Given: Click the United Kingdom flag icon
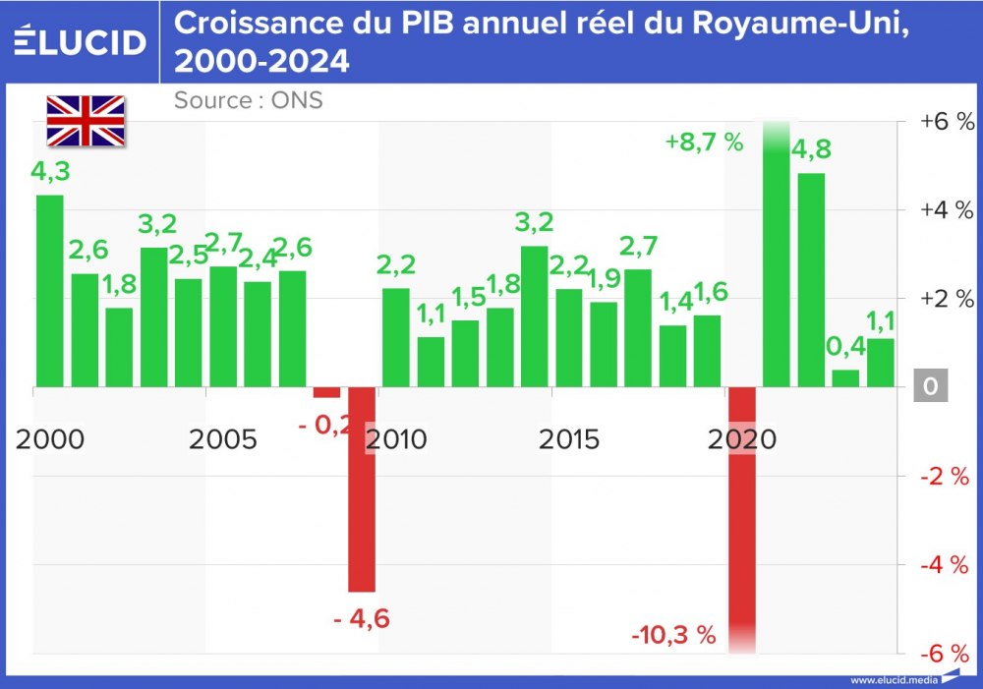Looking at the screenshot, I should [86, 121].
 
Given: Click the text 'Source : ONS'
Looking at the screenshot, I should [248, 100].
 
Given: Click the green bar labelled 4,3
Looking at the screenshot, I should [50, 291].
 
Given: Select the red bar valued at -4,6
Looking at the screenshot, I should [362, 489].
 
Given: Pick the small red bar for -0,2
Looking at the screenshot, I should [326, 392].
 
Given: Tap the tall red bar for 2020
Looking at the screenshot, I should [742, 516].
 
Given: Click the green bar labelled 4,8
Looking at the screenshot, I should [811, 280].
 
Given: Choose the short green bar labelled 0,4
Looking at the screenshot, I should [845, 378].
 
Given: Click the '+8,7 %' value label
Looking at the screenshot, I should [704, 142].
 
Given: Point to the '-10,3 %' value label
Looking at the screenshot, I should [673, 635].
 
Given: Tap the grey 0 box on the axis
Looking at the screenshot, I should [930, 387].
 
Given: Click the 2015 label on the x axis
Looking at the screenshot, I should [569, 438].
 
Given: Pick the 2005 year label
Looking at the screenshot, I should [223, 438].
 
